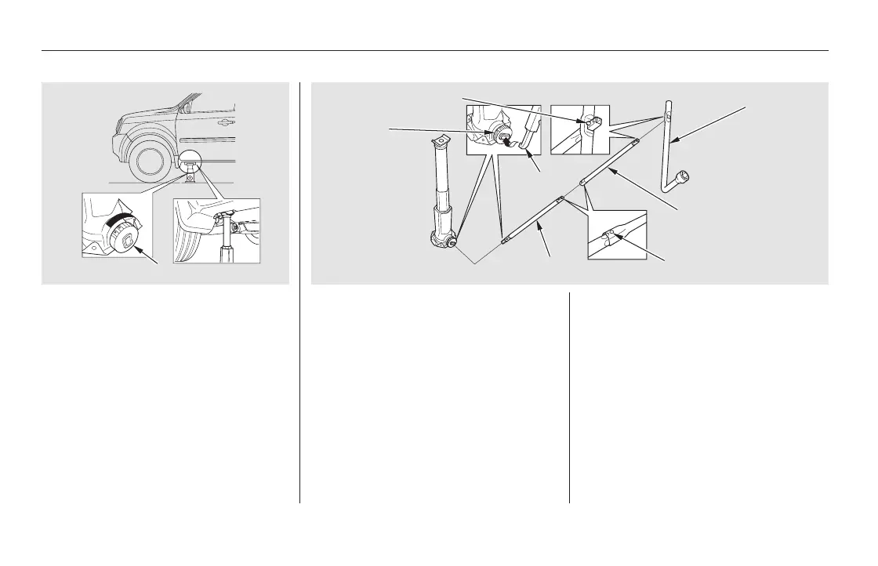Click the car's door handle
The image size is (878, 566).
[227, 122]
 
